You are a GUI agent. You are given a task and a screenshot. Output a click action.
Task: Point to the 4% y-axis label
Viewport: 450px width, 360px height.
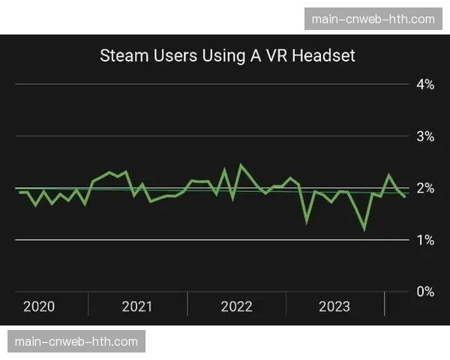click(x=425, y=85)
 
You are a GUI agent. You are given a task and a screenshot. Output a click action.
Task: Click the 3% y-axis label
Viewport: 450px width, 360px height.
click(x=425, y=136)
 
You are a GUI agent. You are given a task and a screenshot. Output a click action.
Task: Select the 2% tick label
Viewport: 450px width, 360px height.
click(x=425, y=188)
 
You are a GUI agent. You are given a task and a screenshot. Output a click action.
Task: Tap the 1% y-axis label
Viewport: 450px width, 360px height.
click(x=425, y=240)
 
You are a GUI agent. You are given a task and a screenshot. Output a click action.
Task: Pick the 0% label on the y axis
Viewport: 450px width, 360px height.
click(x=425, y=292)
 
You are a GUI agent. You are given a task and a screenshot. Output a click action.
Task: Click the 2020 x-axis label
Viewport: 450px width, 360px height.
click(x=39, y=306)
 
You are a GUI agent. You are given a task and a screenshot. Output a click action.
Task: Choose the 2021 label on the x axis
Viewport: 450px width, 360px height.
click(x=136, y=306)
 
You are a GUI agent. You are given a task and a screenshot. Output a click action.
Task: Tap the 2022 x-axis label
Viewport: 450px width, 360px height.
click(x=236, y=306)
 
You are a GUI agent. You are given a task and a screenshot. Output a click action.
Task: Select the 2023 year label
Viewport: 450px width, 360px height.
click(x=334, y=306)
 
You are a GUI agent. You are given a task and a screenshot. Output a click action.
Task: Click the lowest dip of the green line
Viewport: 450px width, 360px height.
click(x=364, y=229)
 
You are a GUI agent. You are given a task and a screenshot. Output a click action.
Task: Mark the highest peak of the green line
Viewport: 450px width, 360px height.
click(x=240, y=165)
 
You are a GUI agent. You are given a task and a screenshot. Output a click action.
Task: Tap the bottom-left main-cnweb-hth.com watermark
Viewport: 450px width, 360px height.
click(x=76, y=341)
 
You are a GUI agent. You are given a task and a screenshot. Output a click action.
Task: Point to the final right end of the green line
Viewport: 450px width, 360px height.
click(x=406, y=197)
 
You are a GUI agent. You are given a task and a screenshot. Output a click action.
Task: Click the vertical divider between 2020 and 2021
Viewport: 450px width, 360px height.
click(x=88, y=303)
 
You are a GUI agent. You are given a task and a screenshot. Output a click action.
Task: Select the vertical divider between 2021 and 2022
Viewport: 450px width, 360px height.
click(x=187, y=303)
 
